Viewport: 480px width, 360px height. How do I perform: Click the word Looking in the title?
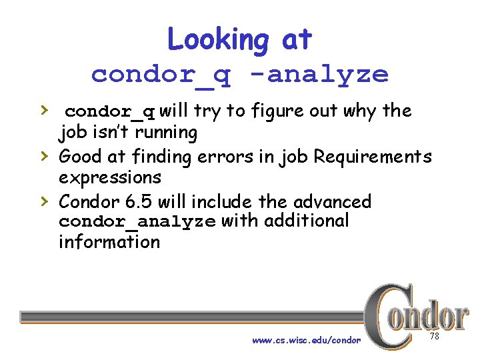point(218,40)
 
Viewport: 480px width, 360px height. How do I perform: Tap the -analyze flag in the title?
point(327,74)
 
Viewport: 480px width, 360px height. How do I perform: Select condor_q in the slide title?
point(161,74)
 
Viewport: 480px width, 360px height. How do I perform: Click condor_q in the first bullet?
point(111,111)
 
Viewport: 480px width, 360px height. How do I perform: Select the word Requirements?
point(373,157)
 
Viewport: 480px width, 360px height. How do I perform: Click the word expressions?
point(110,178)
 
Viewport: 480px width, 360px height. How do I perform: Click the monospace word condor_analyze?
point(137,221)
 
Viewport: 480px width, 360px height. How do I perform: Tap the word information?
point(109,241)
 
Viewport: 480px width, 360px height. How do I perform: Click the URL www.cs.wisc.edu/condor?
point(306,341)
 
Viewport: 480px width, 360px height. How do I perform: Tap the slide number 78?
point(434,337)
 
